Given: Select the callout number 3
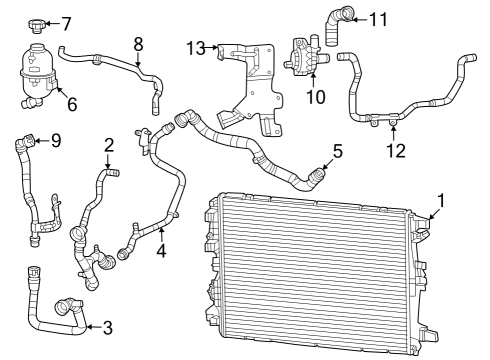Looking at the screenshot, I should click(107, 326).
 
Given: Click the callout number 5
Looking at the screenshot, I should click(337, 152).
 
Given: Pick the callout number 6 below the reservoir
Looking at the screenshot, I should click(71, 103).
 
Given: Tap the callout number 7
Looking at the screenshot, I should click(66, 23).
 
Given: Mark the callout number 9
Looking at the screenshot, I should click(55, 141).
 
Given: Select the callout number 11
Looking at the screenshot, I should click(378, 19).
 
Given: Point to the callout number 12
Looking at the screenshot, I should click(396, 151).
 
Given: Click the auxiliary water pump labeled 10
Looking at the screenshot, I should click(306, 56).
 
